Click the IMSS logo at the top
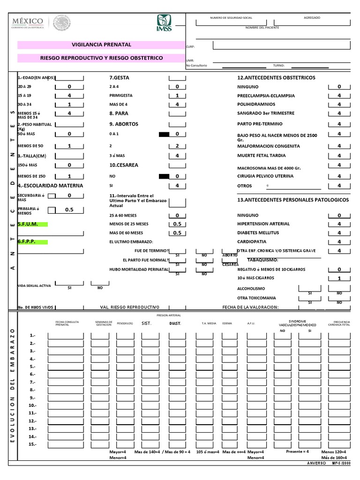tap(164, 23)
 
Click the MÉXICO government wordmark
tap(28, 22)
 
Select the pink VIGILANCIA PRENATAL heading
tap(101, 45)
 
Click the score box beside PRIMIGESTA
tap(177, 96)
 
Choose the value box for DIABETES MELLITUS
tap(339, 233)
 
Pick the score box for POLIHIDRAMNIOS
tap(339, 105)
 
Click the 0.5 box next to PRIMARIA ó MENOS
tap(69, 210)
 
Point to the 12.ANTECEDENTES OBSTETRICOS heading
tap(276, 78)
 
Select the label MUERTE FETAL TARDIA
tap(262, 156)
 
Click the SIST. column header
tap(147, 323)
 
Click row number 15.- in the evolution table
tap(32, 444)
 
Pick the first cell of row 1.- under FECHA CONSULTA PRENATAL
tap(67, 336)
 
